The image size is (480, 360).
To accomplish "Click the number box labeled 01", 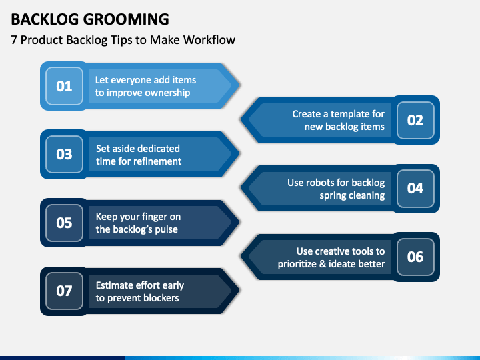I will (x=64, y=86).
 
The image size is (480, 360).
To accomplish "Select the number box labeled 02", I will (x=415, y=120).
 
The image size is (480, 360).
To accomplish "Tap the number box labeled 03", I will (x=64, y=154).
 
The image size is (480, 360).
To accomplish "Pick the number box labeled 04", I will (x=415, y=188).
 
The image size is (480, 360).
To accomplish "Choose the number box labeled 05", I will (x=64, y=222).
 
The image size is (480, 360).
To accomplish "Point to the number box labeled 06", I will (x=415, y=257).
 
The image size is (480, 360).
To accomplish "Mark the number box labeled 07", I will (x=64, y=291).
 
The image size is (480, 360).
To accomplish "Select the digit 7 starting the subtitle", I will (x=14, y=40).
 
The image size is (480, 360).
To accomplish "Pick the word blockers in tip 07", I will (x=159, y=298).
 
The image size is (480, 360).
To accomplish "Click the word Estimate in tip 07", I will (x=116, y=285).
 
